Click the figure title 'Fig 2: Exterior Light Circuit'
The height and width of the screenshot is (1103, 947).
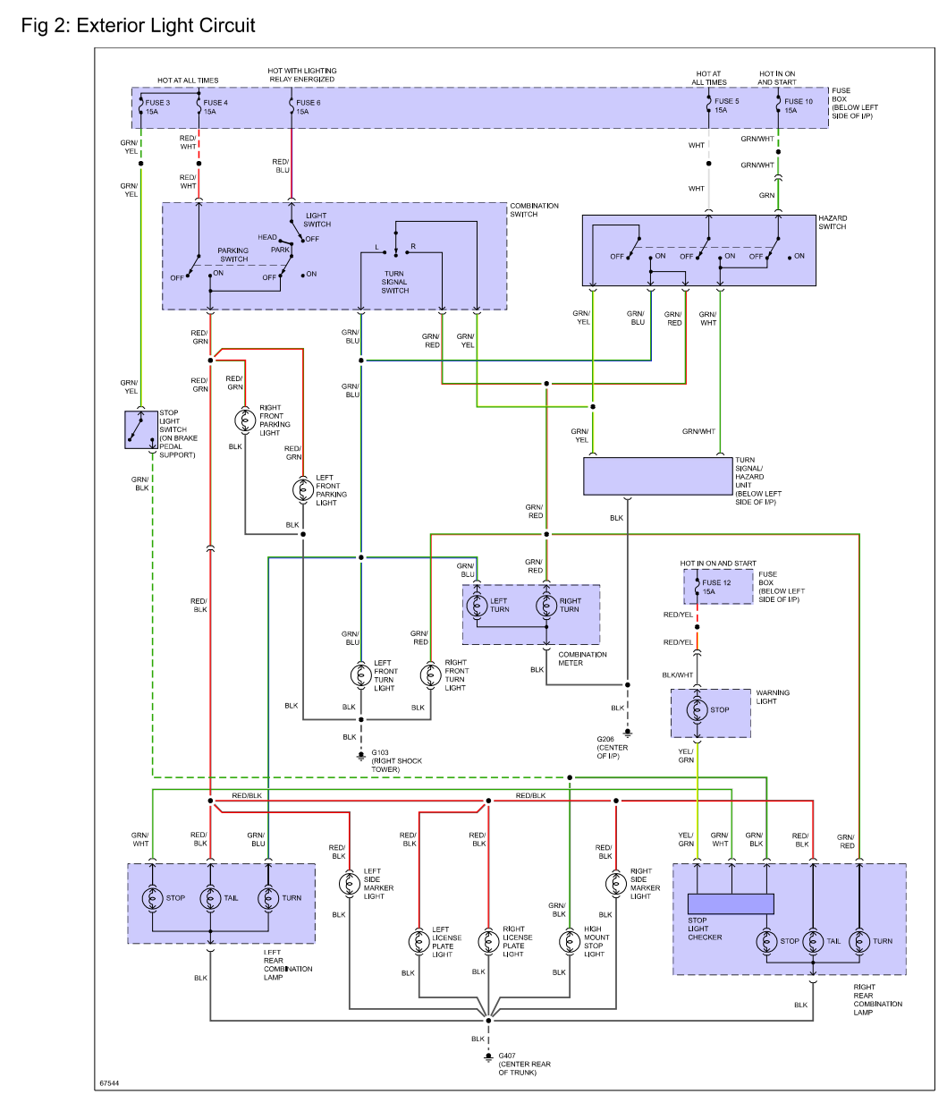tap(139, 26)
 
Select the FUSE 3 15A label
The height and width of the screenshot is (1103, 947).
tap(157, 107)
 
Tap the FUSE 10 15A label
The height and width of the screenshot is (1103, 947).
tap(798, 106)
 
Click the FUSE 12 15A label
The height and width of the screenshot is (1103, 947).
tap(715, 587)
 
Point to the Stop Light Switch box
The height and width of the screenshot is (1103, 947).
tap(140, 429)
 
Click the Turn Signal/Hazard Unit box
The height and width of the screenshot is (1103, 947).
tap(658, 476)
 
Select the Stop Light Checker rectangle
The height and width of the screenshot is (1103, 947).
tap(730, 904)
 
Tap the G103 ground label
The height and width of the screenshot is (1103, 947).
tap(396, 761)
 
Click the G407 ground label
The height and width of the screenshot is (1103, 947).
tap(524, 1064)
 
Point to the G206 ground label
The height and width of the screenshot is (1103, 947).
tap(613, 748)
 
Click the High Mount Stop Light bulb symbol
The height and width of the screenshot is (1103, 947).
tap(570, 941)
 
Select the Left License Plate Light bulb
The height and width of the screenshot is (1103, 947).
tap(419, 941)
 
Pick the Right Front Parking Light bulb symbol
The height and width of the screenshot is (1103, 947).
tap(244, 420)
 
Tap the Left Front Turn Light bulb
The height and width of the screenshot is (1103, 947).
tap(360, 675)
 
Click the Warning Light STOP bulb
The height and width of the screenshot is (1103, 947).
tap(698, 710)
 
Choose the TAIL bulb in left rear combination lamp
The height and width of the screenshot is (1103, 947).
tap(210, 898)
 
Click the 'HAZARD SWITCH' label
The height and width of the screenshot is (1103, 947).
tap(833, 223)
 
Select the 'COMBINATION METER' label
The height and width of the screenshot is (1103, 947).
tap(582, 658)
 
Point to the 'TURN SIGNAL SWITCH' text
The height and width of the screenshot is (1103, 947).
tap(394, 282)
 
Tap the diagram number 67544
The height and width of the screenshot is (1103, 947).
tap(109, 1083)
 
